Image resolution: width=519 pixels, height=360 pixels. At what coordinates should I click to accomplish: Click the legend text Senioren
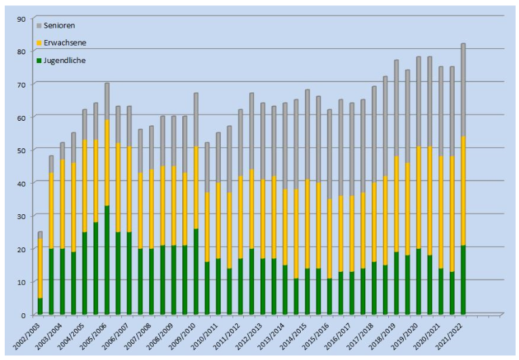coord(59,25)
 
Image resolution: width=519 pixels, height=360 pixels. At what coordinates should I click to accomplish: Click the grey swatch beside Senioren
coord(39,25)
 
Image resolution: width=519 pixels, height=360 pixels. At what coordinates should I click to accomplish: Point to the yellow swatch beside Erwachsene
coord(39,43)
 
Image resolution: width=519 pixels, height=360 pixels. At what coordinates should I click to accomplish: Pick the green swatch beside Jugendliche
coord(39,60)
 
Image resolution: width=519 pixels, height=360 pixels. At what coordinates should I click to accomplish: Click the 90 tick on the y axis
coord(22,18)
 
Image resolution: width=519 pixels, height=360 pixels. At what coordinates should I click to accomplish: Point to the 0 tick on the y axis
coord(24,315)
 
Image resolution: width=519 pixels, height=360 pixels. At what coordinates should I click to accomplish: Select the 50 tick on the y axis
coord(22,151)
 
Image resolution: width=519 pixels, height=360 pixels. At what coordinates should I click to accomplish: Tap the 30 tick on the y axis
coord(22,216)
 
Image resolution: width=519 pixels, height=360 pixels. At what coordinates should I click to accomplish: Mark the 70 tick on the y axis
coord(22,85)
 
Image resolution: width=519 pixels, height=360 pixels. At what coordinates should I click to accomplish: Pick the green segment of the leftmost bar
coord(40,306)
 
